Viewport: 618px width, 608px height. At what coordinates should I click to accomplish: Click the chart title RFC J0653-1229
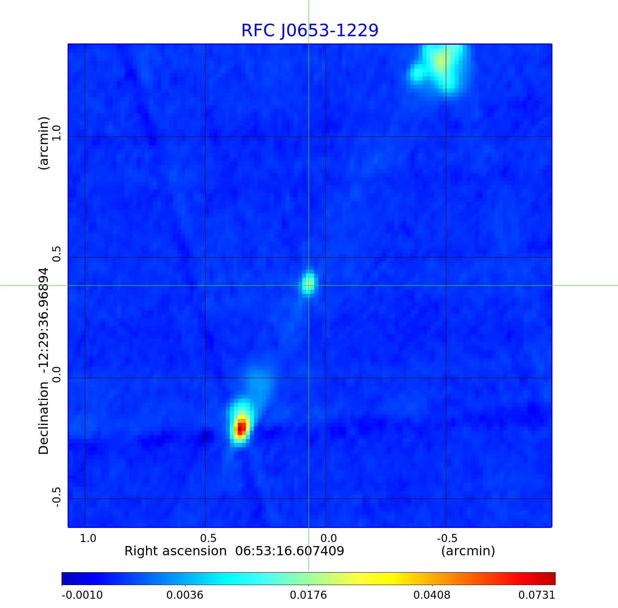click(x=310, y=31)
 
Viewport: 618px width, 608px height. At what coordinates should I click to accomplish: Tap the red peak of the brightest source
click(x=241, y=427)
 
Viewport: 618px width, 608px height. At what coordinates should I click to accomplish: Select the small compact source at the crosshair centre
click(x=309, y=284)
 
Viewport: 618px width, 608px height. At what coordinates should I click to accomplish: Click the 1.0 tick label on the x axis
click(x=88, y=538)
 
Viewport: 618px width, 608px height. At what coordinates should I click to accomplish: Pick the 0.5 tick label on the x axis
click(x=208, y=538)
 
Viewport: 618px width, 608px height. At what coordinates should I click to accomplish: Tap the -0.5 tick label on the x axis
click(x=447, y=538)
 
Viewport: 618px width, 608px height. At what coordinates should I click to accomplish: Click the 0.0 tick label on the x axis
click(x=328, y=538)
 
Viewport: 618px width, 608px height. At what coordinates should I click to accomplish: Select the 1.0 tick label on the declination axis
click(x=56, y=133)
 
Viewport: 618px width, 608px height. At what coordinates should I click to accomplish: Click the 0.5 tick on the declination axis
click(x=56, y=254)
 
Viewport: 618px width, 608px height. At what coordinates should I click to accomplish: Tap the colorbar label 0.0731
click(x=537, y=595)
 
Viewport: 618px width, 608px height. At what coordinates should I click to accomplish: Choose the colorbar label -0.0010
click(x=82, y=595)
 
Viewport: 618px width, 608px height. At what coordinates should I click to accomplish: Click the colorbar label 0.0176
click(x=309, y=595)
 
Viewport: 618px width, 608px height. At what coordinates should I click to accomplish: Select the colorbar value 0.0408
click(x=432, y=595)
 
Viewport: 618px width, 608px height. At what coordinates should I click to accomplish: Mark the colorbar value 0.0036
click(x=185, y=595)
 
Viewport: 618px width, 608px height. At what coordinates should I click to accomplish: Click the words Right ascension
click(x=175, y=551)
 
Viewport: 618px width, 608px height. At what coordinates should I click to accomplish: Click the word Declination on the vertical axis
click(x=43, y=418)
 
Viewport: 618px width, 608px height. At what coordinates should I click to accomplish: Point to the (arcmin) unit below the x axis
click(x=468, y=551)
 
